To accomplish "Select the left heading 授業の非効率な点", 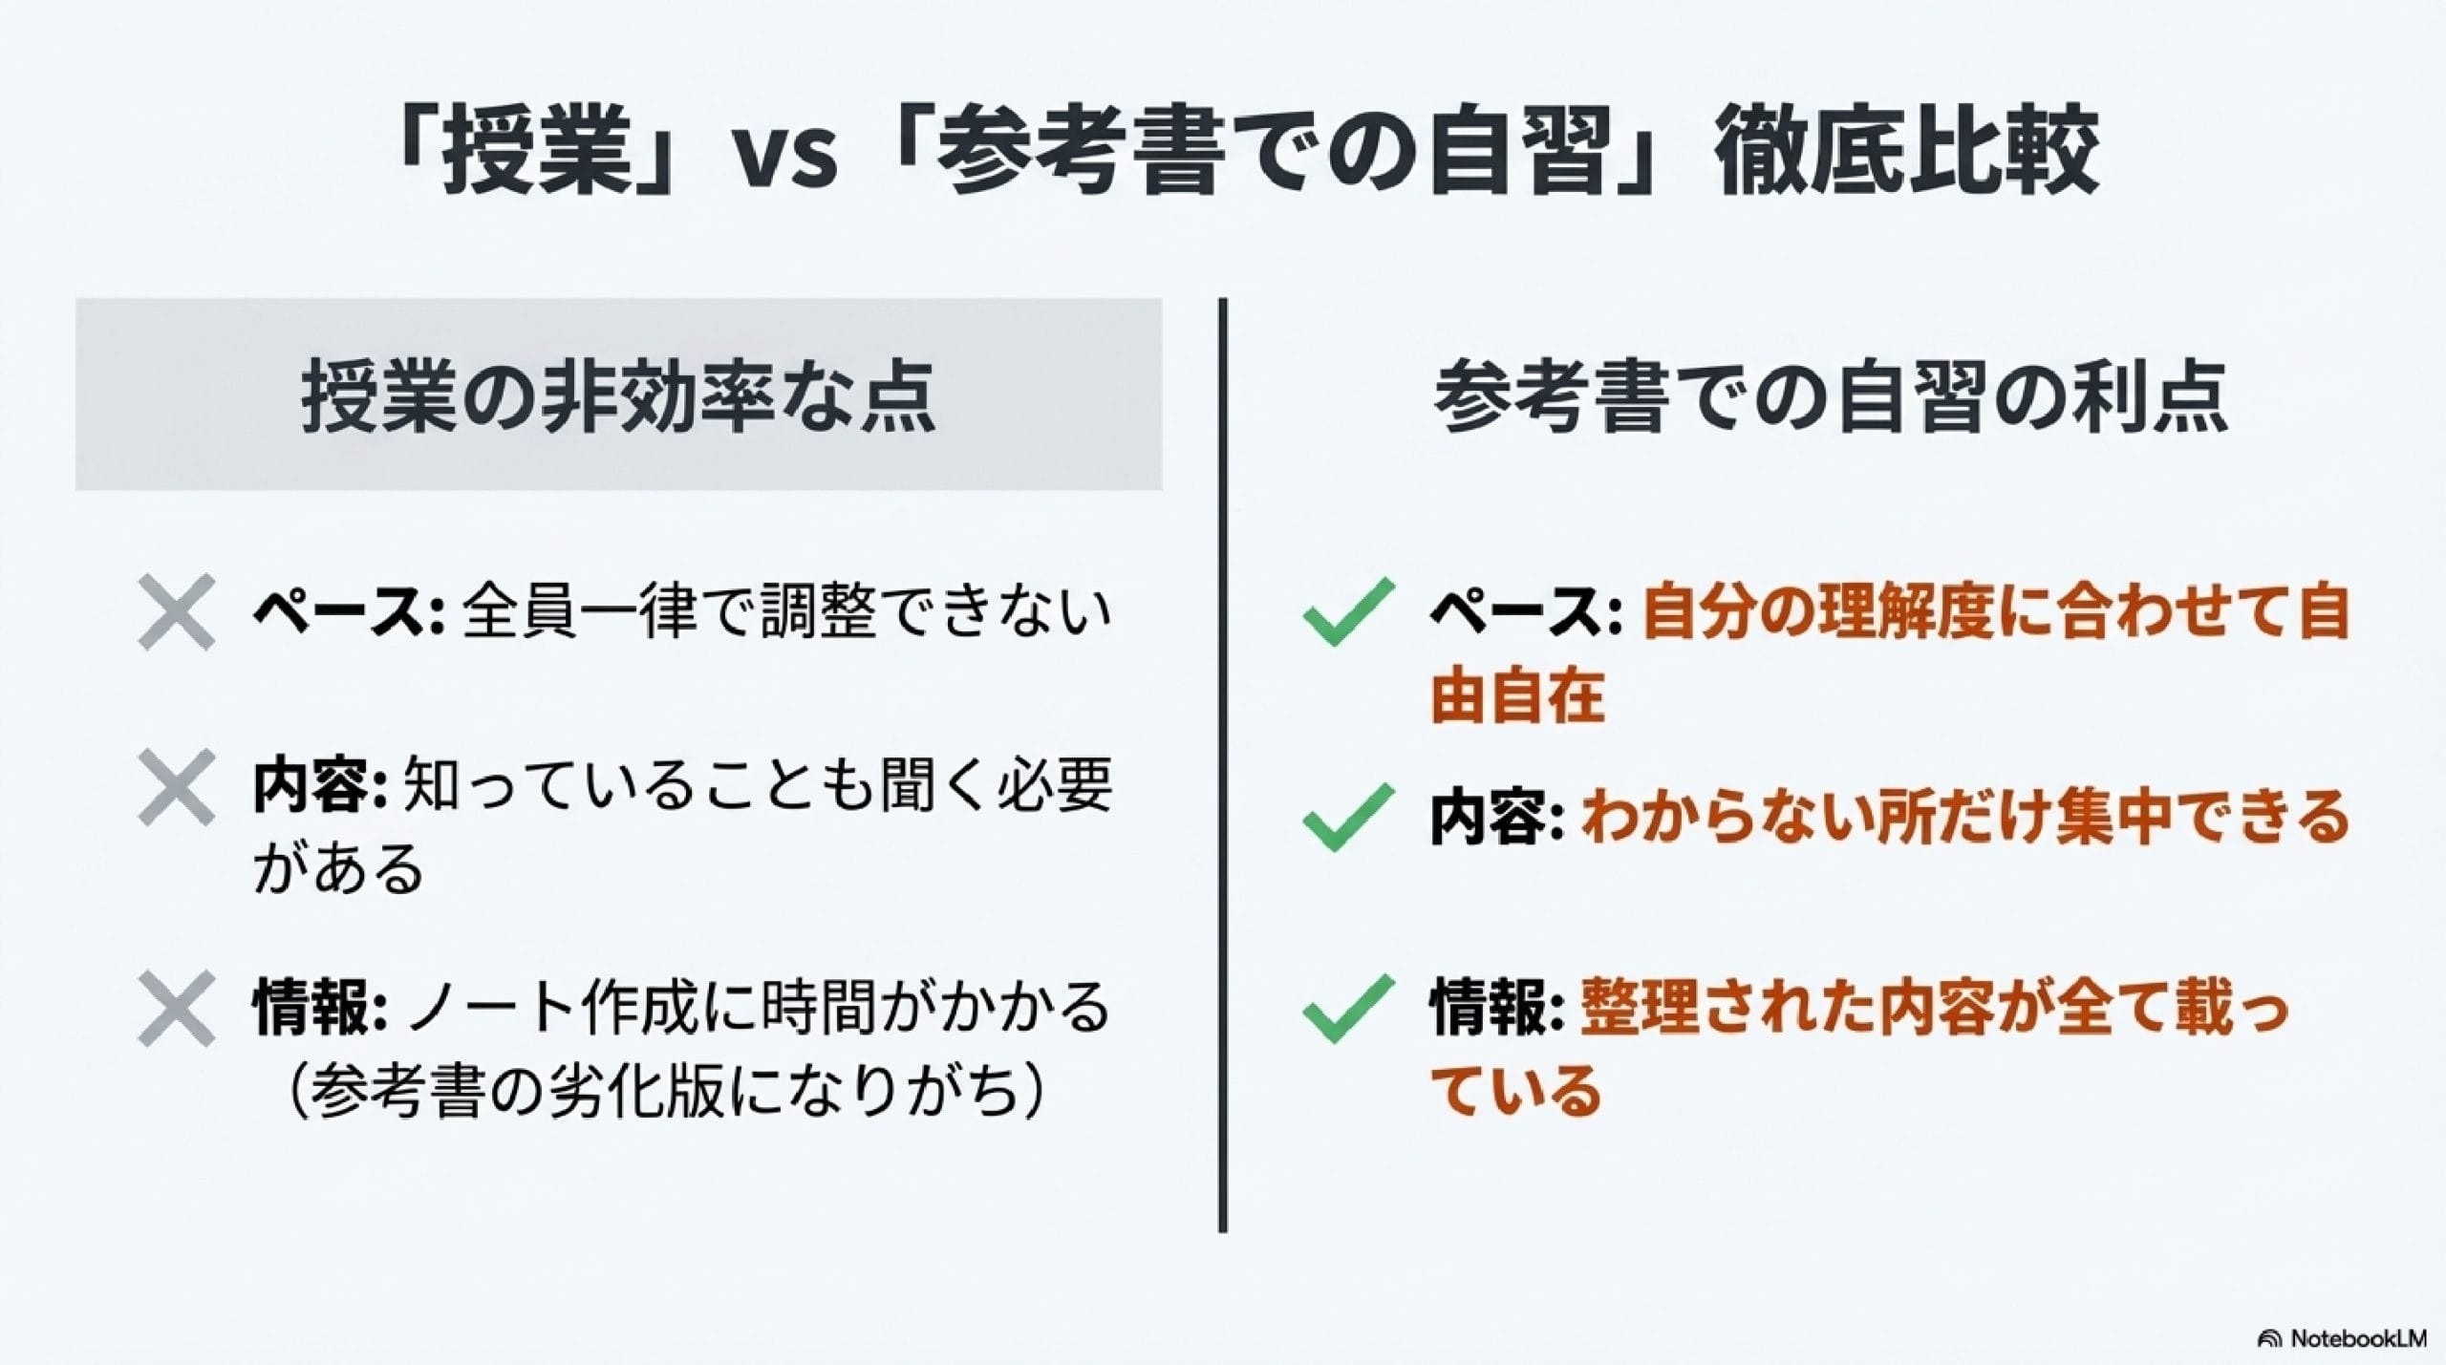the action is click(x=618, y=395).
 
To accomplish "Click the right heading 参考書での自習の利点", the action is click(x=1832, y=395).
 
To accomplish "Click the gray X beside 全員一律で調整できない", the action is click(x=176, y=612).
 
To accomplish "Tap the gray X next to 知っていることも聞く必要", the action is click(x=176, y=787).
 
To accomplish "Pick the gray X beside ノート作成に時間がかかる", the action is click(x=176, y=1009).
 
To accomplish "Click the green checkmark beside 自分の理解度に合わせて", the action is click(x=1347, y=612).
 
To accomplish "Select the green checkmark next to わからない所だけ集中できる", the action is click(x=1347, y=818).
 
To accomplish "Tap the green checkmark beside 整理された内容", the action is click(x=1347, y=1009).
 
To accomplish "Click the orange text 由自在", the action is click(x=1517, y=697).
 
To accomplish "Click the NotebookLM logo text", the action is click(x=2351, y=1338).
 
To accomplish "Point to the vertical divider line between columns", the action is click(x=1222, y=765).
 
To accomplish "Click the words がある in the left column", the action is click(x=338, y=867).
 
